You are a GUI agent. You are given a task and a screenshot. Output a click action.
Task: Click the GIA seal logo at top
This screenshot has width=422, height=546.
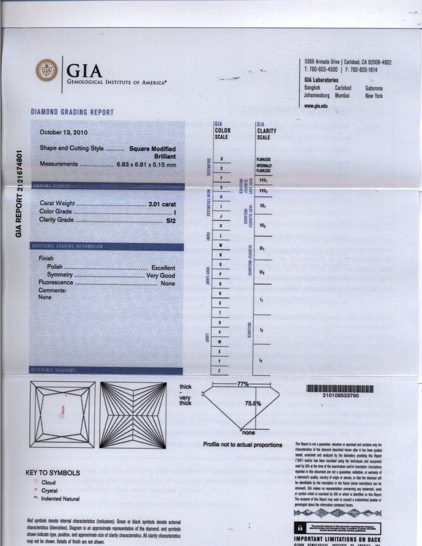click(47, 70)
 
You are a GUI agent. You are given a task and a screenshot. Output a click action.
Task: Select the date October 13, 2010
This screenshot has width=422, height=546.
click(68, 132)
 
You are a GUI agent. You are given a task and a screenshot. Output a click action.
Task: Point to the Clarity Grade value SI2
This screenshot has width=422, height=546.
click(171, 220)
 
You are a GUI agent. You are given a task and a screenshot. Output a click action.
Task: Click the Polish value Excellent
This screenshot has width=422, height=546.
click(164, 267)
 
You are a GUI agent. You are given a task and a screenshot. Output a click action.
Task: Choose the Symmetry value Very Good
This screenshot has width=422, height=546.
click(161, 275)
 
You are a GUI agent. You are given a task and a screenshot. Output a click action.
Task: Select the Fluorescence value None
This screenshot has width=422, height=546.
click(168, 283)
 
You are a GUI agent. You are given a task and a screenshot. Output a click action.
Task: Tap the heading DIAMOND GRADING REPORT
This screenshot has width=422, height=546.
click(72, 112)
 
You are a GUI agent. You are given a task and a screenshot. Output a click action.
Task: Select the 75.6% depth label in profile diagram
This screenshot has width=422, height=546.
click(252, 403)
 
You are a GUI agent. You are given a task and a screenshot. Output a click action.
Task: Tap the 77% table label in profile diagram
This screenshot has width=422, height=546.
click(242, 384)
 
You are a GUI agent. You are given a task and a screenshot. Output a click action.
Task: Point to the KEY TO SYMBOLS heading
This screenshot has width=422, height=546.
click(53, 473)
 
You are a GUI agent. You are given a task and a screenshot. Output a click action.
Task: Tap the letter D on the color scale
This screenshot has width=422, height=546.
click(221, 158)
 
